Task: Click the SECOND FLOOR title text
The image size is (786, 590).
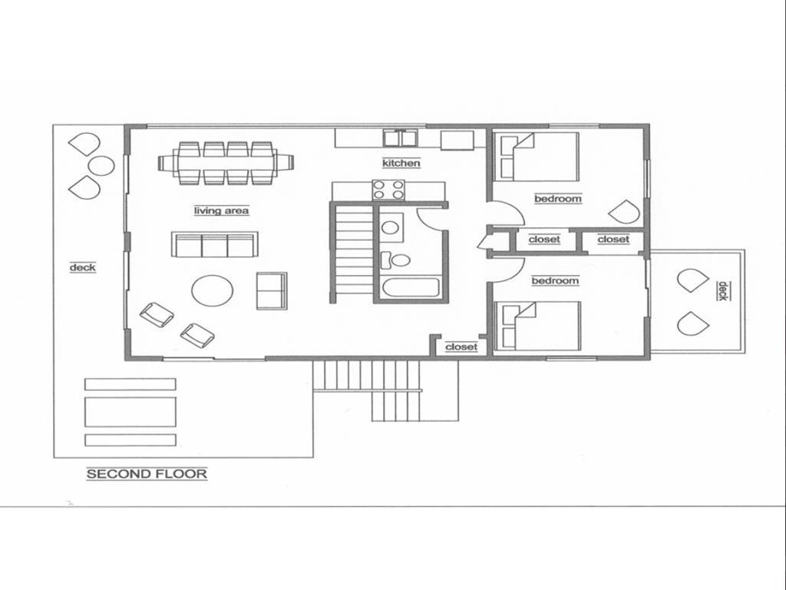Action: click(147, 474)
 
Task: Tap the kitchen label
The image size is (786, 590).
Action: click(401, 163)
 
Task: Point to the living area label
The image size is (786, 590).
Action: click(221, 210)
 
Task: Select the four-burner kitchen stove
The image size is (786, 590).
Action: click(388, 190)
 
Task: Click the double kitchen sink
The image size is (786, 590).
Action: click(400, 138)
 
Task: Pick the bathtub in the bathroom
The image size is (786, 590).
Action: click(410, 289)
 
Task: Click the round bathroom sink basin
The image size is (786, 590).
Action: click(391, 227)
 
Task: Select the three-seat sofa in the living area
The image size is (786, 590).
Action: click(214, 244)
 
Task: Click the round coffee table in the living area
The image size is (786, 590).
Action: click(213, 290)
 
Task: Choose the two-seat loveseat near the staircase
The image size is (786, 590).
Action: click(272, 290)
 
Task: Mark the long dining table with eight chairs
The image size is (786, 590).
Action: click(226, 163)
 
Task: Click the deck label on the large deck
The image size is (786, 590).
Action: click(82, 267)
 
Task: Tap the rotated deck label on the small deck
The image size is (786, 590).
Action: click(722, 290)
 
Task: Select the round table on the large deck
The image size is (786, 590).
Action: click(101, 165)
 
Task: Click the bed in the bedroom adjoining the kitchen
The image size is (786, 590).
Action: click(537, 156)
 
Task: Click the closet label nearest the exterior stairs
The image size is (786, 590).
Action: click(461, 346)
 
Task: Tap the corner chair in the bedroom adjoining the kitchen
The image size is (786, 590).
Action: click(623, 212)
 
